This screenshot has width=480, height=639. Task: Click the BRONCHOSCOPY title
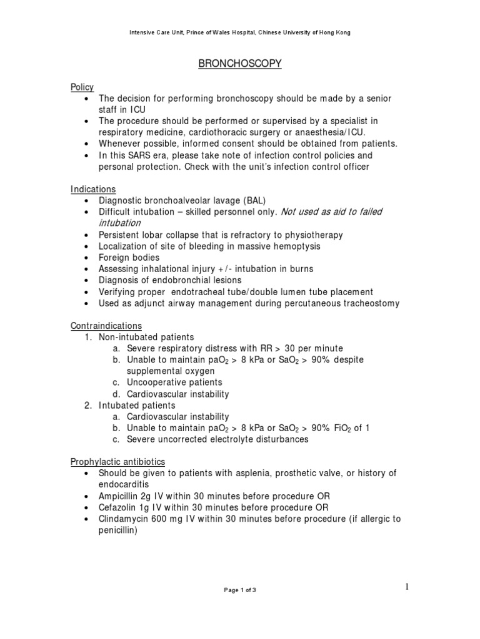click(240, 64)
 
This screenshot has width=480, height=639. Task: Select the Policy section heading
click(82, 87)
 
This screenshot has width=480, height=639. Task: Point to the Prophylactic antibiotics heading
click(117, 462)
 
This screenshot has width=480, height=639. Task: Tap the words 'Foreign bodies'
click(129, 257)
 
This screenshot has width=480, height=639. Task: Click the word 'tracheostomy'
click(369, 303)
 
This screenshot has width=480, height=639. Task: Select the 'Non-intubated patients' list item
click(146, 337)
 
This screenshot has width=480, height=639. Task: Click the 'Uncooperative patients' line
click(174, 383)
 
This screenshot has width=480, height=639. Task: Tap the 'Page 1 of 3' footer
click(239, 591)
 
